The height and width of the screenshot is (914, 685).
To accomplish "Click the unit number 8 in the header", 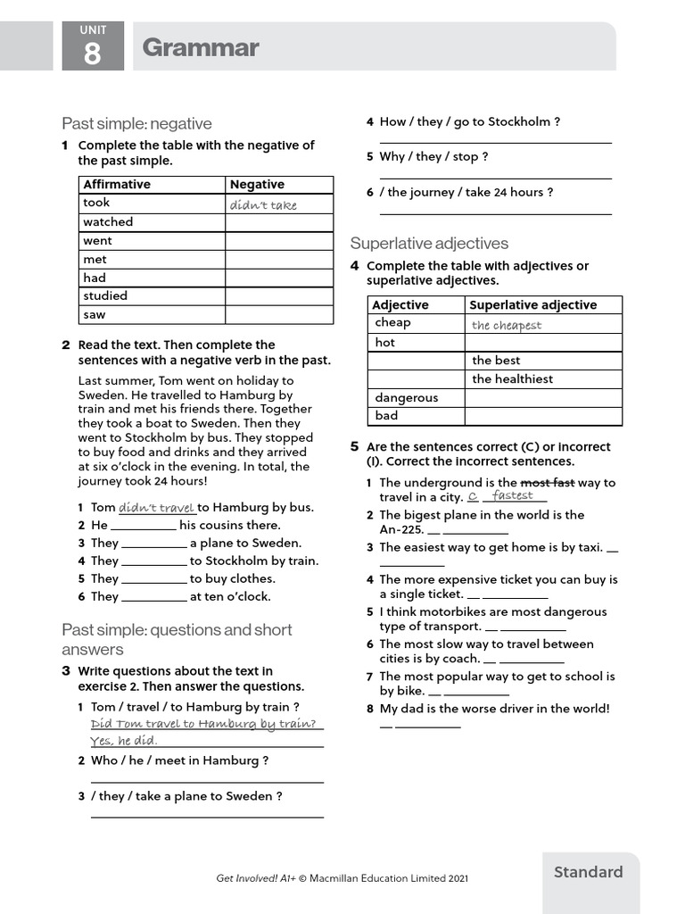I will (93, 54).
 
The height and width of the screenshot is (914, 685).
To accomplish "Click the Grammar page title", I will (200, 47).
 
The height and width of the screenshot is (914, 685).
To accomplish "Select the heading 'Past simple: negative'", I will (136, 123).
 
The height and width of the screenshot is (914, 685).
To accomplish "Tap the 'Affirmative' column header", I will (117, 185).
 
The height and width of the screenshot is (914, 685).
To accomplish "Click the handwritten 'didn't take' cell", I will (263, 204).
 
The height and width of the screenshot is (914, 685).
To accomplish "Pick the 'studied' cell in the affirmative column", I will (105, 295).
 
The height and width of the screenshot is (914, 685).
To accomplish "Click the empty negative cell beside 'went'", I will (278, 241).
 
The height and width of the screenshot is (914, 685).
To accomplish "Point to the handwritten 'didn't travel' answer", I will (156, 508).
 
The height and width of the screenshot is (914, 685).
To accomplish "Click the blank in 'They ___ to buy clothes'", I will (153, 579).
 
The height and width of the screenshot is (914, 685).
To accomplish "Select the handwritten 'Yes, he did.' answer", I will (124, 741).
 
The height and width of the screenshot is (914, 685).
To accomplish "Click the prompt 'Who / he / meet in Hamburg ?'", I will (179, 760).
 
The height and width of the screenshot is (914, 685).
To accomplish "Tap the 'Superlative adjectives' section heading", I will (429, 243).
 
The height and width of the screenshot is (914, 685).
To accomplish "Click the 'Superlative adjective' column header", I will (532, 305).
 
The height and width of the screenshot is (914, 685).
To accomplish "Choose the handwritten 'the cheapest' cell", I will (507, 325).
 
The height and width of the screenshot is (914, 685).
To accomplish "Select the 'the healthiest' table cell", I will (512, 378).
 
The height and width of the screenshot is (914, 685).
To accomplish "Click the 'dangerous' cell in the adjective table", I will (406, 397).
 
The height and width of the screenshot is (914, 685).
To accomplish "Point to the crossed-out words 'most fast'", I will (548, 483).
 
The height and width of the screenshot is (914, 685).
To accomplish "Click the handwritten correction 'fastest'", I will (513, 495).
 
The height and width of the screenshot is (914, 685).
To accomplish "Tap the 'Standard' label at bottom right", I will (588, 872).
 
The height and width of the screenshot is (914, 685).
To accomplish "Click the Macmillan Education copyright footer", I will (342, 878).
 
